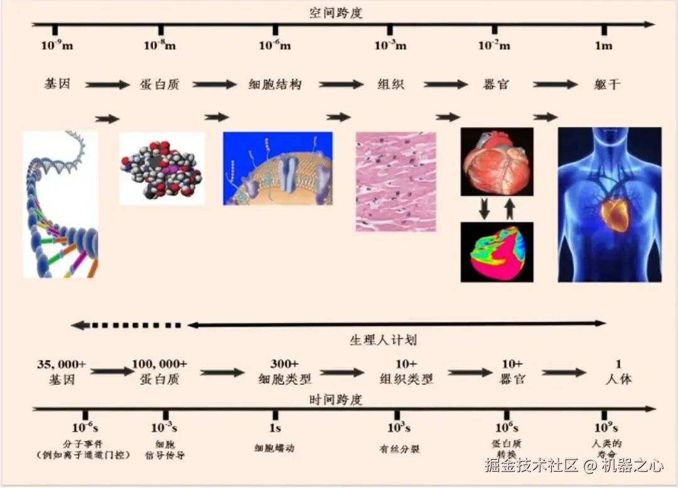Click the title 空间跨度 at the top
pos(336,13)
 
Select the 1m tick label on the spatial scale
pos(603,45)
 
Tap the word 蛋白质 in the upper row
pos(159,84)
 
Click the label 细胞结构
pos(275,84)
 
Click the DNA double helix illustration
pos(60,204)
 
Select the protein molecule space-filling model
pos(162,168)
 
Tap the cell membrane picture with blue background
pos(277,168)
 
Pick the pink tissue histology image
pos(395,181)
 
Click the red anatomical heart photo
pos(497,161)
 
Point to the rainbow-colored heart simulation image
pos(497,251)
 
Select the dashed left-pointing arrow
pos(126,325)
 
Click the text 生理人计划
pos(383,340)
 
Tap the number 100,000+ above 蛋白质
pos(159,364)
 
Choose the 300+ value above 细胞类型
pos(284,364)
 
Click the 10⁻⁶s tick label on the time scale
pos(85,428)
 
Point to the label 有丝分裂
pos(399,449)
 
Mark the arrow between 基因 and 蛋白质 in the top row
pos(107,85)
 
